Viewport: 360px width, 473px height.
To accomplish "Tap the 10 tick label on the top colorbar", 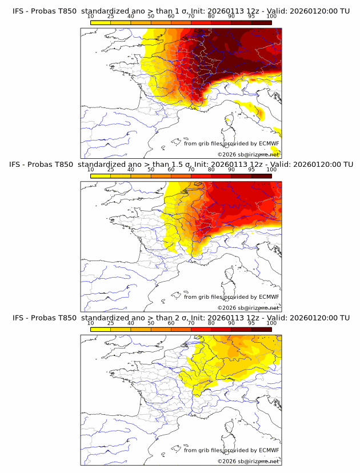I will click(x=91, y=16).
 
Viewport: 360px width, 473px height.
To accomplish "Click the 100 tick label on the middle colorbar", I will click(x=271, y=170).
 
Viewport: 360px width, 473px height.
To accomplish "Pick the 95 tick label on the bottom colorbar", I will click(x=251, y=323).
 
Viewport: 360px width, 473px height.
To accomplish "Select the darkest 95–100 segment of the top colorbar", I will click(x=261, y=22).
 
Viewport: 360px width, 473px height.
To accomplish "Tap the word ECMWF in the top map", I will click(x=269, y=143).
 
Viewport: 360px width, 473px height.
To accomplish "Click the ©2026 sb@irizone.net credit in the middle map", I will click(x=248, y=308).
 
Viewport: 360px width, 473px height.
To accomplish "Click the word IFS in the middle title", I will click(x=18, y=164).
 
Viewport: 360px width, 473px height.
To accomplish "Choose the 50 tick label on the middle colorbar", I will click(x=151, y=170).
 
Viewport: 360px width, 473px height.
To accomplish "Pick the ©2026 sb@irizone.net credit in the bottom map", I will click(x=248, y=461).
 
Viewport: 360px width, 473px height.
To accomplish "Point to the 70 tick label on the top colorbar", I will click(x=191, y=16).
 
